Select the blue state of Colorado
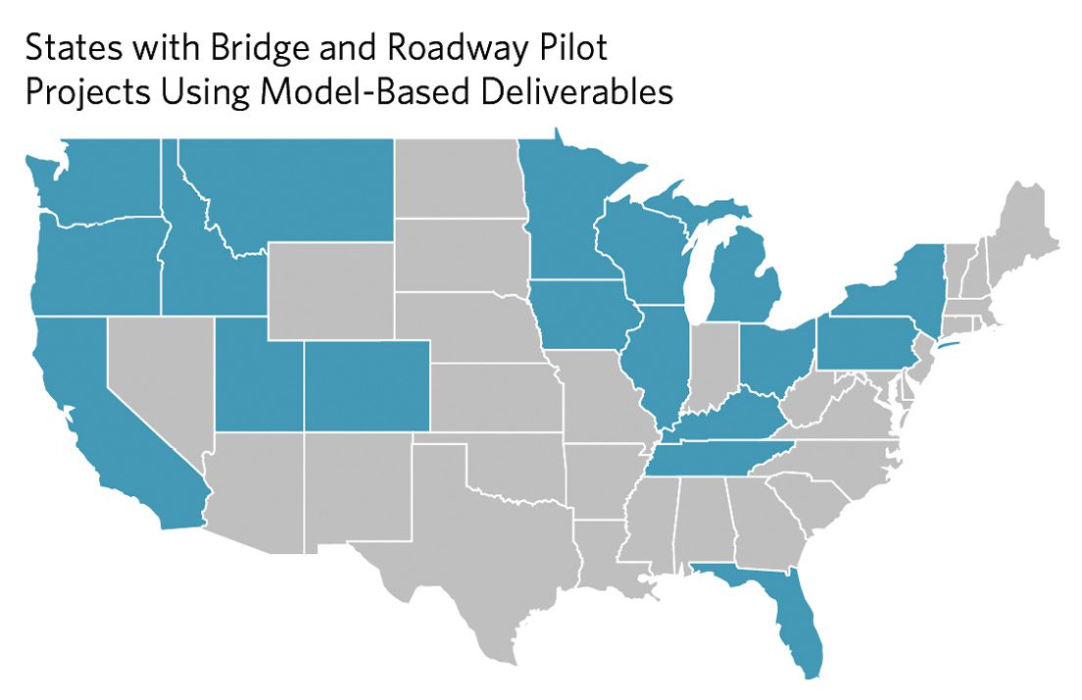[365, 390]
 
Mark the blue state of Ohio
[774, 358]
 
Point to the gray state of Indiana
[713, 368]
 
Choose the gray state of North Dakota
[455, 176]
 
